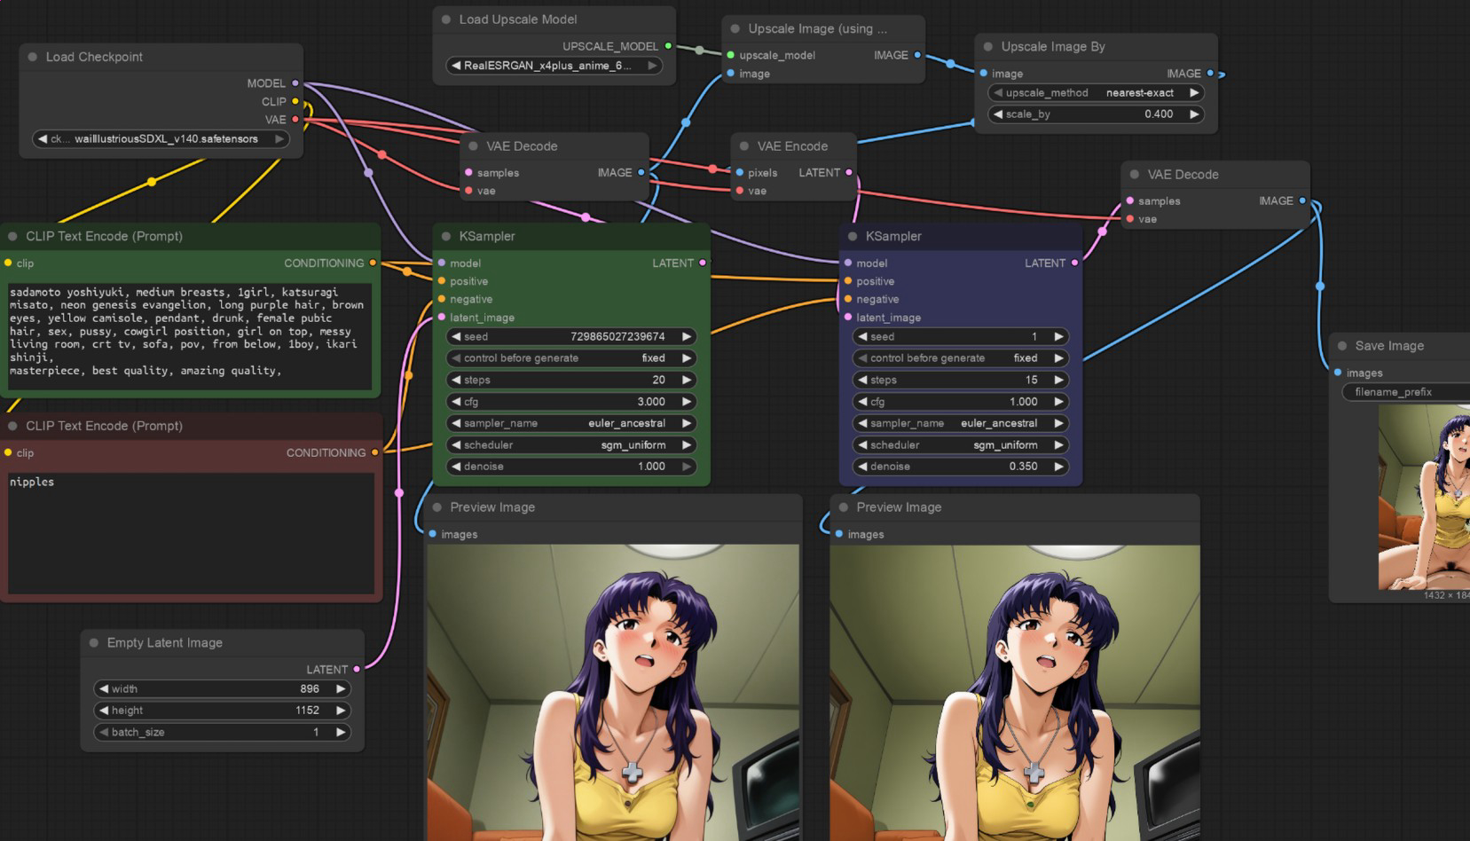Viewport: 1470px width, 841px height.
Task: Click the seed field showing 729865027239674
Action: pos(570,337)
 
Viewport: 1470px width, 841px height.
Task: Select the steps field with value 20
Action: pos(570,380)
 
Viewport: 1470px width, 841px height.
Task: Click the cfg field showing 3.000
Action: pos(570,402)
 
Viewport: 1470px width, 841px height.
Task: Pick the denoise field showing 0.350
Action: pos(960,467)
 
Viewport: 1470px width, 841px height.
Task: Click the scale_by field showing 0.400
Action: pos(1096,114)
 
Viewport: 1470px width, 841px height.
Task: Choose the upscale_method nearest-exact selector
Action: pos(1096,93)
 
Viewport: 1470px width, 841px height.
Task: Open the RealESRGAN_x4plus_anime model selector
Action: pos(554,66)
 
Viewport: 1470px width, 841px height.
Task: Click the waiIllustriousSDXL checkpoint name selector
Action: pos(161,139)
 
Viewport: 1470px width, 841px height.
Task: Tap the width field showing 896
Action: pos(222,689)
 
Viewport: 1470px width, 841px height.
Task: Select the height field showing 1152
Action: pos(222,711)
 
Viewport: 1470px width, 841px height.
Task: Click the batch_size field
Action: pos(222,733)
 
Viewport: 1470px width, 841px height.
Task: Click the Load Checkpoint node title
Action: pos(94,57)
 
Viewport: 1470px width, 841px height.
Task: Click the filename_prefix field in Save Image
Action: pos(1406,392)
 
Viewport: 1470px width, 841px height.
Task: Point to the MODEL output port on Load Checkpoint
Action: pos(295,83)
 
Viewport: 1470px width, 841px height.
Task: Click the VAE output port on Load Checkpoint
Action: pos(295,120)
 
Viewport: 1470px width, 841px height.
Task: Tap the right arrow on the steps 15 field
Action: pos(1058,380)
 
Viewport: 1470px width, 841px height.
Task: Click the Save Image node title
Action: pos(1389,346)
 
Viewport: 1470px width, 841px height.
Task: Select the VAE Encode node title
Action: pos(792,146)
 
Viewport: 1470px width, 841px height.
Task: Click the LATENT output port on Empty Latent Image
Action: pos(357,670)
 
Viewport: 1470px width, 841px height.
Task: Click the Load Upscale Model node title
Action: pos(518,20)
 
